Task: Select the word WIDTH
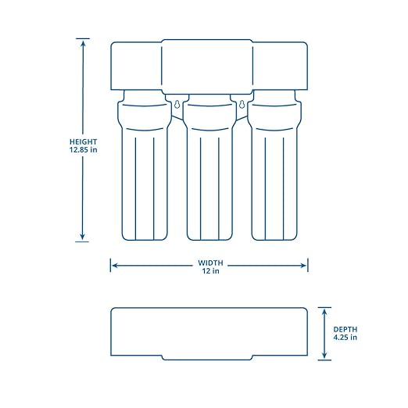(208, 263)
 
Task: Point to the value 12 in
(208, 271)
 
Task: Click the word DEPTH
(344, 329)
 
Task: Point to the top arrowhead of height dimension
(82, 41)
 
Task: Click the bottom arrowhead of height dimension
(82, 238)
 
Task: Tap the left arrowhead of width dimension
(114, 266)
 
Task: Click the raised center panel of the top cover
(208, 65)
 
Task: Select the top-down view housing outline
(208, 333)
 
